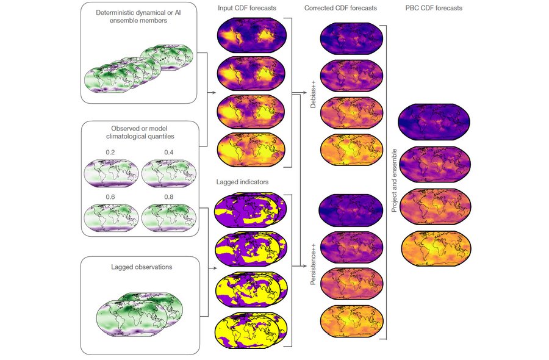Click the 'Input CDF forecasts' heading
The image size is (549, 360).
247,8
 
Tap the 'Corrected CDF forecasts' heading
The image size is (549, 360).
340,8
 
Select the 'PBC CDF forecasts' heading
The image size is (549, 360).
434,8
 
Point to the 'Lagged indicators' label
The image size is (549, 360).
242,182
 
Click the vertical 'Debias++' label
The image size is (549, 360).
313,93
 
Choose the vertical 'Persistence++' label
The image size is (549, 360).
313,264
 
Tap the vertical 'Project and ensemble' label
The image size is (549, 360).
394,181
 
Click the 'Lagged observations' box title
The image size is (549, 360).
142,267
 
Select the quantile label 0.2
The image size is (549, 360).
110,153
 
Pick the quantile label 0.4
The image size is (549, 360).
169,153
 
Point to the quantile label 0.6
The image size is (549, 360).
110,197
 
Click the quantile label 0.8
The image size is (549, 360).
169,197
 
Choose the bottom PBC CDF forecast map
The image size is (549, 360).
436,248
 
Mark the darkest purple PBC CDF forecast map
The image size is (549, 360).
434,122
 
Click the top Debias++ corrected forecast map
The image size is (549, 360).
351,38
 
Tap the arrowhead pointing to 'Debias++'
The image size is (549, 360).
306,93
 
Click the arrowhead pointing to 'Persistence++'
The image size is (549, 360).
306,266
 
